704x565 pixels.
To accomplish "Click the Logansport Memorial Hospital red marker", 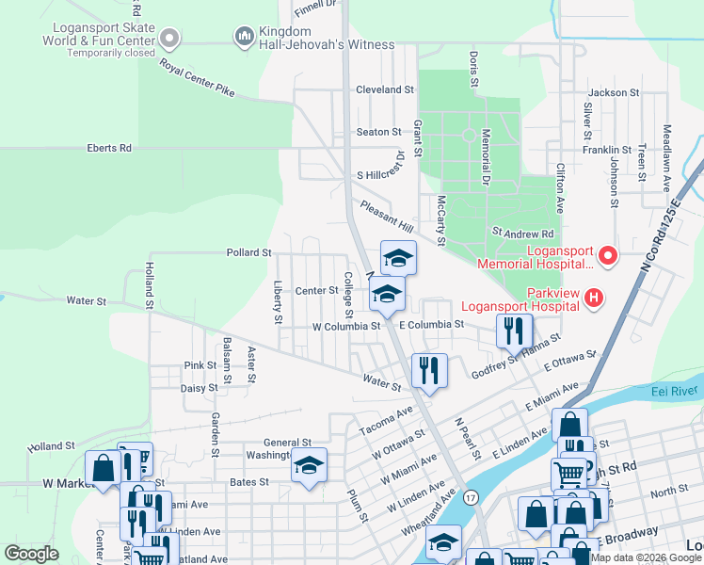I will point(607,255).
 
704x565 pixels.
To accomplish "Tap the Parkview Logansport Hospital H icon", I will point(593,299).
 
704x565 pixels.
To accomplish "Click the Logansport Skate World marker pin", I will point(169,39).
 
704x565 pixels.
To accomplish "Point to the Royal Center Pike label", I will point(197,78).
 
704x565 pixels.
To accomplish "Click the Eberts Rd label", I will point(110,149).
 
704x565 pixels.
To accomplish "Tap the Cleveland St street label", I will point(384,90).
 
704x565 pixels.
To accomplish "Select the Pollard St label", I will point(248,253).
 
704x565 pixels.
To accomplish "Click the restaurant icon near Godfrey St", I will point(514,331).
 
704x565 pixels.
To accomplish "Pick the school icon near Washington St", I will point(309,465).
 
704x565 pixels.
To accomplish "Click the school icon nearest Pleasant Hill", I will point(398,257).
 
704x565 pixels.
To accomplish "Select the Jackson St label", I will point(614,93).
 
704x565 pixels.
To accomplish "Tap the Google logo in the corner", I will point(32,554).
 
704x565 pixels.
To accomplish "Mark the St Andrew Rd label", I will point(523,233).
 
